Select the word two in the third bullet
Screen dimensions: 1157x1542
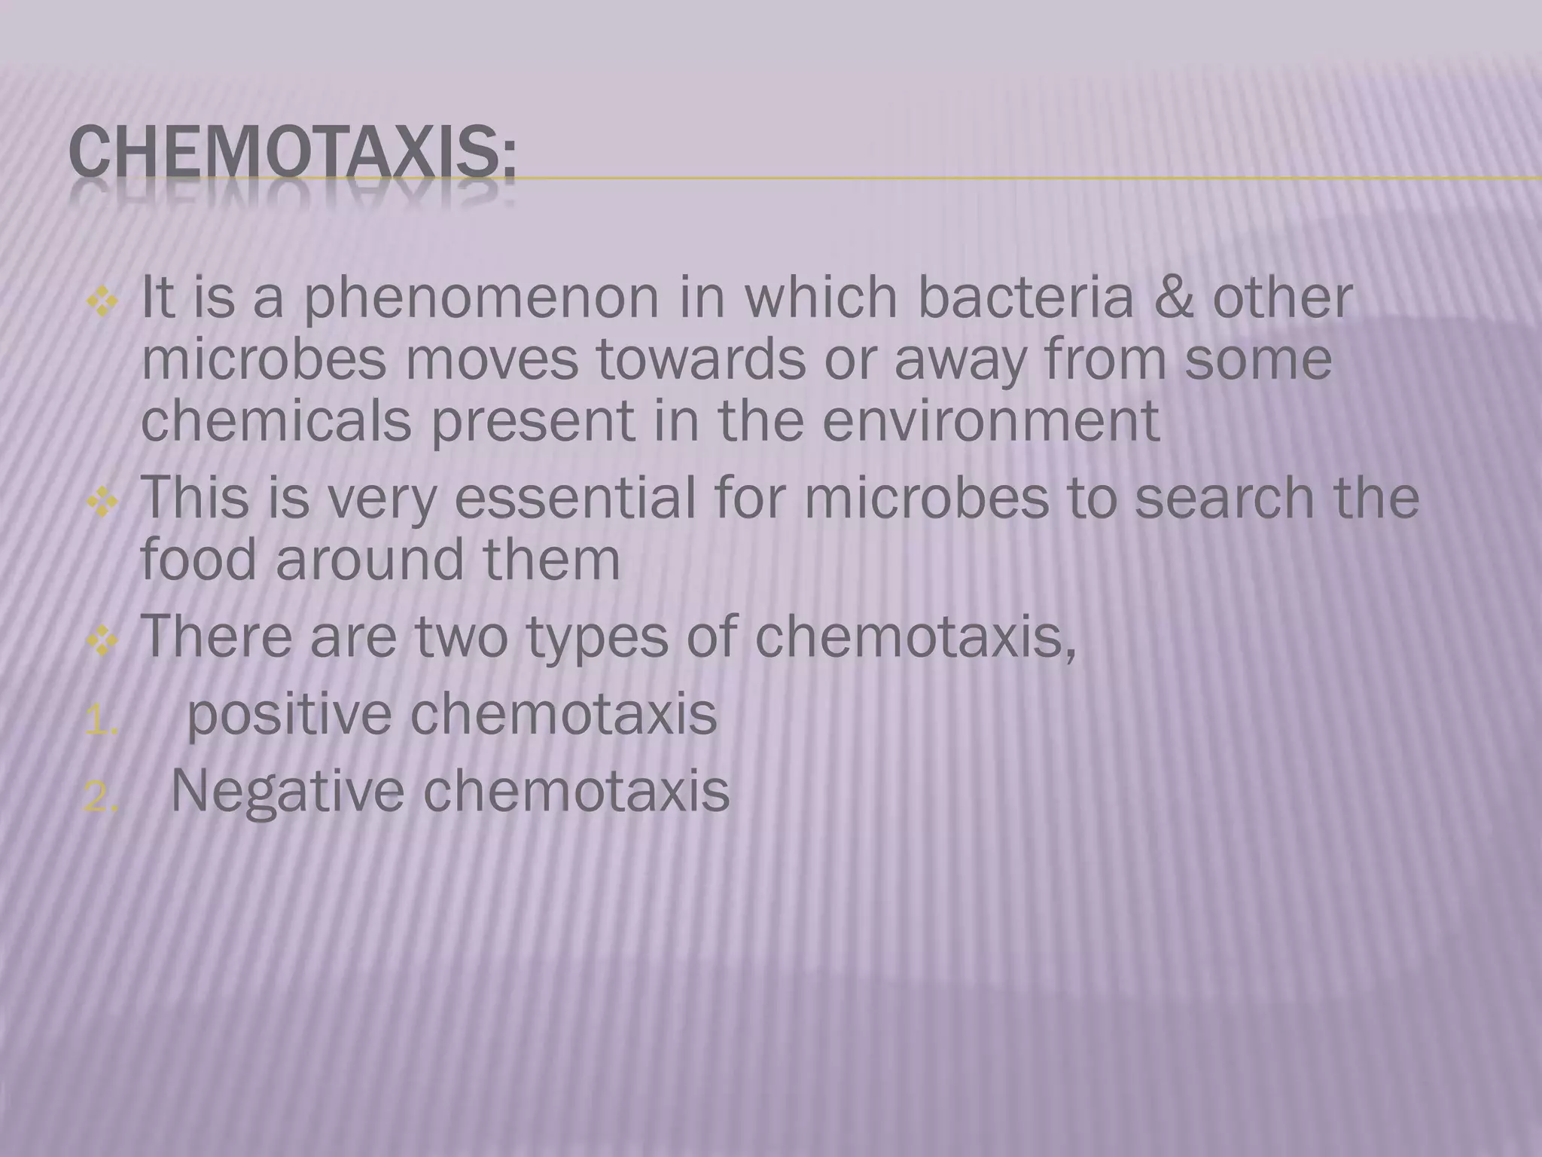(461, 637)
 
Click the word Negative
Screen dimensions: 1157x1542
(288, 792)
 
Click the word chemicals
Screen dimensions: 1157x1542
(276, 420)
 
